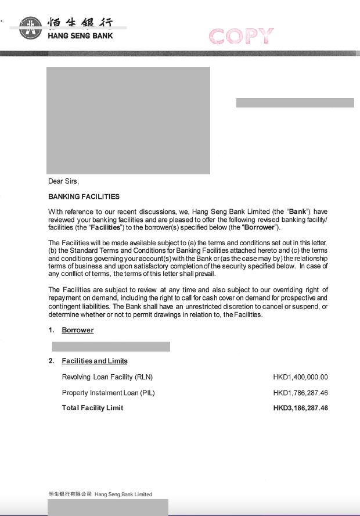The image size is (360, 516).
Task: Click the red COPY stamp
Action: tap(240, 36)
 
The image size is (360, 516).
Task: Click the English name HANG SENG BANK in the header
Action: tap(80, 36)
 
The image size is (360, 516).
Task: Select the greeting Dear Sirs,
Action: tap(63, 181)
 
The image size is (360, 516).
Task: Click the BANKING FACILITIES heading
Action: tap(84, 196)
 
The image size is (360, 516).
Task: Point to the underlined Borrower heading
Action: tap(78, 330)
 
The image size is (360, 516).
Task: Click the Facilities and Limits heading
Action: tap(95, 361)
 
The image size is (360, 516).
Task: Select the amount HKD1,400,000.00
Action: tap(300, 377)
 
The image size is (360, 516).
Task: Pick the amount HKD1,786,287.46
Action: tap(300, 393)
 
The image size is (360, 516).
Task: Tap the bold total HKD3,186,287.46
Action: tap(300, 408)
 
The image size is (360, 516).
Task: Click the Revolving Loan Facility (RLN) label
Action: tap(107, 377)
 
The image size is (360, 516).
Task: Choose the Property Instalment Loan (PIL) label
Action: tap(109, 393)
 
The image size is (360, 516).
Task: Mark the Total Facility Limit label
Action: tap(93, 408)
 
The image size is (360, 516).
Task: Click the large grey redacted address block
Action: tap(128, 120)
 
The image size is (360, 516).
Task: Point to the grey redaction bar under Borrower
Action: tap(111, 346)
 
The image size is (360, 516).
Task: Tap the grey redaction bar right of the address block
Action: tap(295, 103)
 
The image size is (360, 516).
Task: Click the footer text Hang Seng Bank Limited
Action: tap(123, 494)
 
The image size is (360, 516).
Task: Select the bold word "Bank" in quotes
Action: tap(298, 212)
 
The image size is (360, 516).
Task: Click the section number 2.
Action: tap(51, 361)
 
